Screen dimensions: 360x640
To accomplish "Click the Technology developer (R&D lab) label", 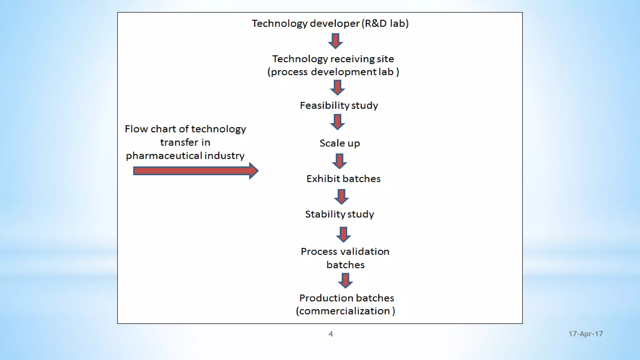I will [330, 23].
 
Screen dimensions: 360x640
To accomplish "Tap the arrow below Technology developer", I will [335, 41].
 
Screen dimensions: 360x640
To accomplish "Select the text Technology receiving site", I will [333, 59].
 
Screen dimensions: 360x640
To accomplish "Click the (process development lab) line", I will [333, 72].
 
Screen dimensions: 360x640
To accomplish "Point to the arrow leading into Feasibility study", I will [337, 87].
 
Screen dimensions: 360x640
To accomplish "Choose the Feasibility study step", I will [339, 105].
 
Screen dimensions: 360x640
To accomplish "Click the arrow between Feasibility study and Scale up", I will [337, 122].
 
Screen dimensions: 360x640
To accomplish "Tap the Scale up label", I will [340, 143].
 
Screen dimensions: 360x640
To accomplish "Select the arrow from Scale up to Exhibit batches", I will [339, 161].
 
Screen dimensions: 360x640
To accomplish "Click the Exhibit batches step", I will [343, 179].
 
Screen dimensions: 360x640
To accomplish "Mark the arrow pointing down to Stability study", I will [341, 197].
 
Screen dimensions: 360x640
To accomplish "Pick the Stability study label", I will [339, 214].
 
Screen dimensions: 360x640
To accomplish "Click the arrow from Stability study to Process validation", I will [343, 234].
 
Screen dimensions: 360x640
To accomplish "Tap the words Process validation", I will [345, 252].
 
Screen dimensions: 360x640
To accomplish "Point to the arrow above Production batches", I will [345, 280].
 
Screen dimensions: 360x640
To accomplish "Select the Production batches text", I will [347, 298].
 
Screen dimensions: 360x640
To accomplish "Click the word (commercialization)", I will [345, 311].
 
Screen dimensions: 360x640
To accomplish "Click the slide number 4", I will [331, 334].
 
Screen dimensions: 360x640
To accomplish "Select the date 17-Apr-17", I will [586, 334].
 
